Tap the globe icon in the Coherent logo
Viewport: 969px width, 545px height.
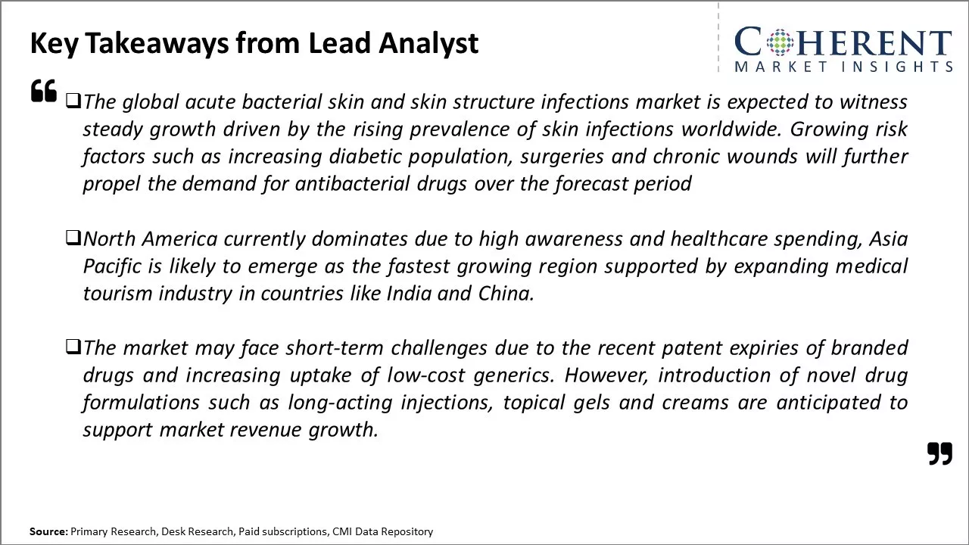pyautogui.click(x=780, y=42)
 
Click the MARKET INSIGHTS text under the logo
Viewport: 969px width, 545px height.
pyautogui.click(x=843, y=67)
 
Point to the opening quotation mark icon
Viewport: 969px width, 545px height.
pyautogui.click(x=44, y=91)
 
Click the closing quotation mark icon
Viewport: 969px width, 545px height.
pyautogui.click(x=939, y=453)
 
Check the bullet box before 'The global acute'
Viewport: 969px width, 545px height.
pyautogui.click(x=73, y=100)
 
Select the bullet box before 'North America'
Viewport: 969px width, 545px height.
pyautogui.click(x=73, y=238)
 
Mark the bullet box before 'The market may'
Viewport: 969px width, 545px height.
pyautogui.click(x=73, y=347)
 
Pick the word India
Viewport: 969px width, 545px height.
pyautogui.click(x=409, y=294)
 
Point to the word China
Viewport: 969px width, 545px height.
pyautogui.click(x=506, y=294)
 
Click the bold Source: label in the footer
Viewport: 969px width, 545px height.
pyautogui.click(x=48, y=532)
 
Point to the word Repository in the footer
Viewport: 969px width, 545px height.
pyautogui.click(x=406, y=532)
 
